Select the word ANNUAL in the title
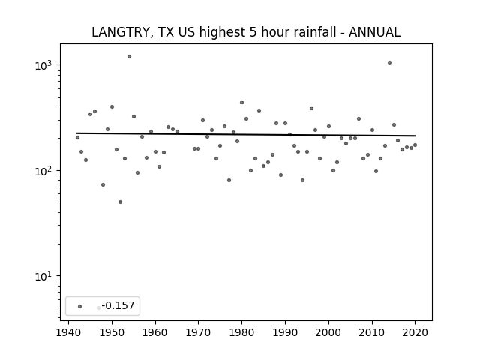(x=374, y=32)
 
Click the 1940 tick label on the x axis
(x=68, y=332)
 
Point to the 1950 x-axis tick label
(x=112, y=332)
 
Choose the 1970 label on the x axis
(x=198, y=332)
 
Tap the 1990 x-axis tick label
(x=285, y=332)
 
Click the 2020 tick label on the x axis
(x=415, y=332)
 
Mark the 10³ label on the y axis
(x=43, y=65)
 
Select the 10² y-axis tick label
(x=43, y=171)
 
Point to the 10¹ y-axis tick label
(x=43, y=277)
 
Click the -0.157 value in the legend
(x=118, y=305)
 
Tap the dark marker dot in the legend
(x=80, y=306)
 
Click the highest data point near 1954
(x=130, y=57)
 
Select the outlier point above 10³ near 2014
(x=389, y=63)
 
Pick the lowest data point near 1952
(x=120, y=202)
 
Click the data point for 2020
(x=415, y=145)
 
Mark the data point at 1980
(x=241, y=103)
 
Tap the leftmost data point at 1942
(x=77, y=138)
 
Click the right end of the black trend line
(x=415, y=136)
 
